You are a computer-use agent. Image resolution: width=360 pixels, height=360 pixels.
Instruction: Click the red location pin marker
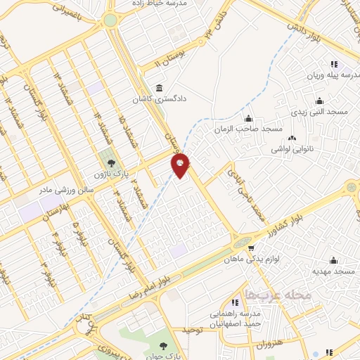[181, 165]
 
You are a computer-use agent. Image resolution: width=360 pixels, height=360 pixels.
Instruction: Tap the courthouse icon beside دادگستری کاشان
[160, 88]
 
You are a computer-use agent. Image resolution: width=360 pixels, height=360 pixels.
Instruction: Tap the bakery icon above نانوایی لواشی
[292, 138]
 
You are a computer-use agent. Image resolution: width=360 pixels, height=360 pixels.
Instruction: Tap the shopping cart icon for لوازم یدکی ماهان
[250, 248]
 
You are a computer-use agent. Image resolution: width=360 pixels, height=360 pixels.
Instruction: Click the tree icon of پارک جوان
[163, 345]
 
